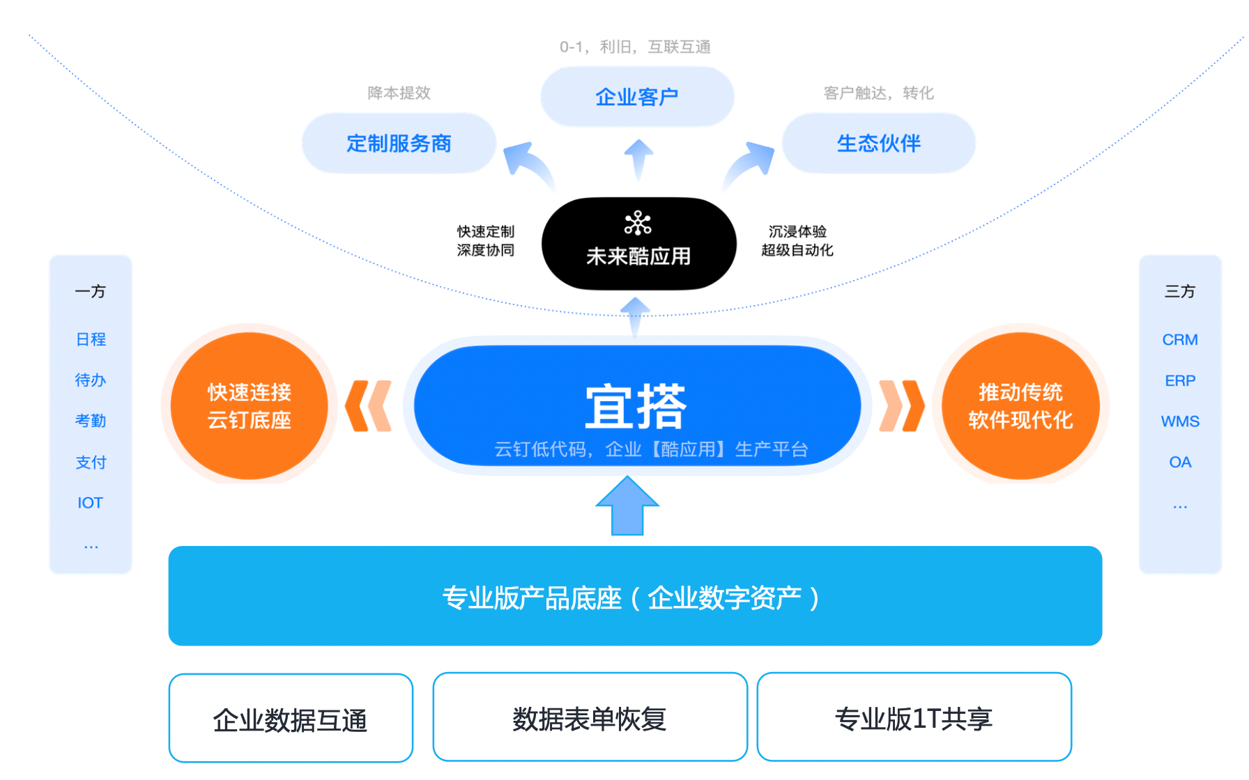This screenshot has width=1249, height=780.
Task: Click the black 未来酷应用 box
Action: pos(638,244)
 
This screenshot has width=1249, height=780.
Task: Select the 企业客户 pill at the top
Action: pos(637,97)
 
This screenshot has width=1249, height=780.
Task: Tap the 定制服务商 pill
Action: pos(399,143)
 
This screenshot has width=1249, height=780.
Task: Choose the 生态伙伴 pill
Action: pos(878,143)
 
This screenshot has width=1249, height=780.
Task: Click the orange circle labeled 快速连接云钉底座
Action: pos(250,405)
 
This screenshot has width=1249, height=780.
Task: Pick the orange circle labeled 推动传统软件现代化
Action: pos(1020,405)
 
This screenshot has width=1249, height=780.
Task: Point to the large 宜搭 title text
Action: pos(636,406)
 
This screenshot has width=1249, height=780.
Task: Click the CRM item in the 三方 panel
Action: pos(1180,340)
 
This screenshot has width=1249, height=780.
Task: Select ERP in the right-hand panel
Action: pos(1180,381)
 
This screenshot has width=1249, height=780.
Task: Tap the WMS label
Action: pos(1180,421)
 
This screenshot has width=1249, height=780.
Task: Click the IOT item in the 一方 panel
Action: pos(90,503)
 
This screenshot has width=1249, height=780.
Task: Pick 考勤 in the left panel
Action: pos(91,421)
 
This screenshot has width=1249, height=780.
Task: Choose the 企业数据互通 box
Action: pos(291,718)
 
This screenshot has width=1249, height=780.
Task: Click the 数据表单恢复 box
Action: pos(590,717)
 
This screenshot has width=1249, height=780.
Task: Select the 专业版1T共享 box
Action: pos(914,717)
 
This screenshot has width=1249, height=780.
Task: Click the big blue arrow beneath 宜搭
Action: pos(627,506)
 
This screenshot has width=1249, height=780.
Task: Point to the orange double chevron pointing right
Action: pos(902,406)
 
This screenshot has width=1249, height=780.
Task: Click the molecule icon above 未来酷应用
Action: pos(638,223)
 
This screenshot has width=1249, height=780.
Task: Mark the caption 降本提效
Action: pos(399,93)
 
